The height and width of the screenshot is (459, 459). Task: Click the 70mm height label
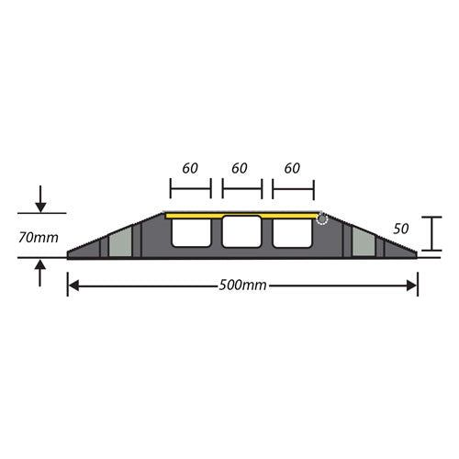click(38, 237)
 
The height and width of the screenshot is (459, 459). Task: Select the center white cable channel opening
click(241, 235)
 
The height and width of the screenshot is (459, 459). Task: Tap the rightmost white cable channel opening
click(292, 235)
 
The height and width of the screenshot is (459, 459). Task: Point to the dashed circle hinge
click(322, 218)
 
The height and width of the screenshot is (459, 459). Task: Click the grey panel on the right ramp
click(362, 244)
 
